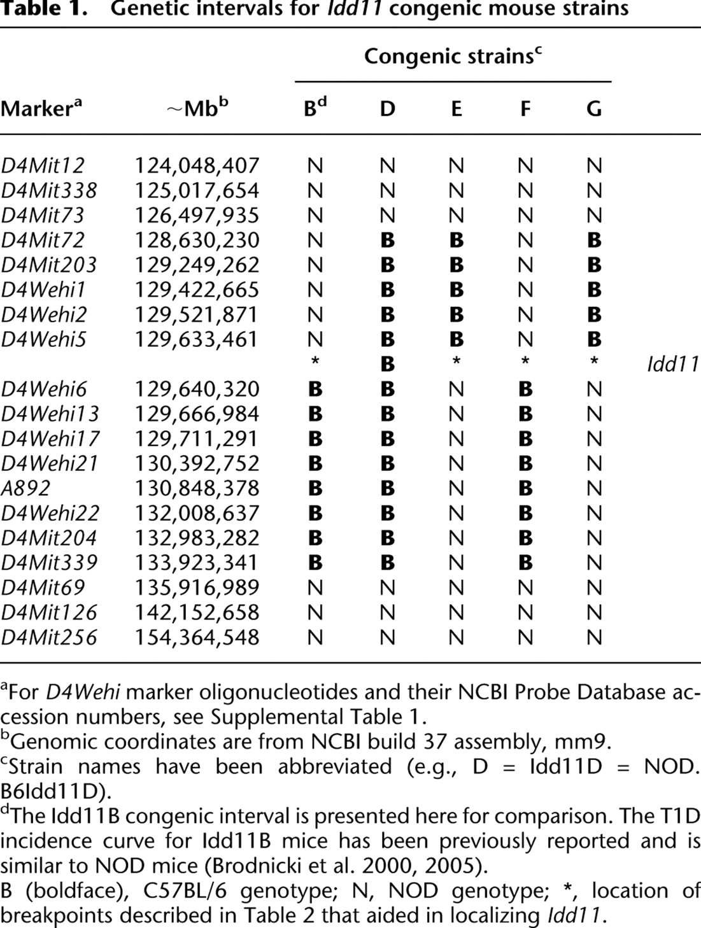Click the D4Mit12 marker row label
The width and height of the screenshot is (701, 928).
click(x=42, y=166)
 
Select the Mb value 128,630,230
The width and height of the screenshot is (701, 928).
click(x=197, y=241)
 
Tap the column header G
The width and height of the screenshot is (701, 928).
click(x=593, y=109)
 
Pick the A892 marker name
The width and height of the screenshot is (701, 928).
click(x=25, y=489)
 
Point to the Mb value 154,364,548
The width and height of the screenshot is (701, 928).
click(x=197, y=638)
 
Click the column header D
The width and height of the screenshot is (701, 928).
click(x=387, y=109)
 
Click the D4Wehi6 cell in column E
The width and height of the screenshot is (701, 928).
click(x=456, y=390)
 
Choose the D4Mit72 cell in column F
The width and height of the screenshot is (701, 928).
click(x=525, y=241)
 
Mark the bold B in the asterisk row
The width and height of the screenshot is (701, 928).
click(x=387, y=365)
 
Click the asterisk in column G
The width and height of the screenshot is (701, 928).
click(x=593, y=362)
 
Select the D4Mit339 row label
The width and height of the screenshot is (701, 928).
click(x=49, y=563)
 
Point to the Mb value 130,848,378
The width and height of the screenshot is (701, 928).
click(x=197, y=489)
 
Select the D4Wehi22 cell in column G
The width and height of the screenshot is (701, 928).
click(x=593, y=514)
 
